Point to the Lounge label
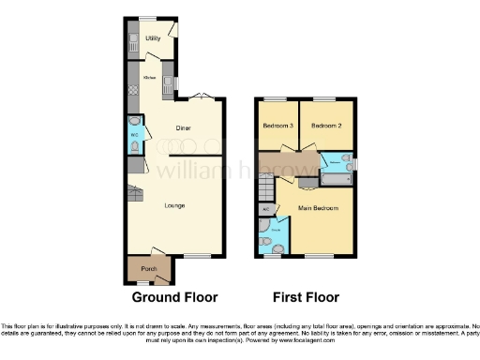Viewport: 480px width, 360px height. point(175,205)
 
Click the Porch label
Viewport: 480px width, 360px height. point(148,269)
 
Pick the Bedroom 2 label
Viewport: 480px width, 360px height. point(325,126)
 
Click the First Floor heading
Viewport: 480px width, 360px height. point(305,297)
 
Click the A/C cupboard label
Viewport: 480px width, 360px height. point(265,209)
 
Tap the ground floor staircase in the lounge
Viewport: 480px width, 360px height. point(135,195)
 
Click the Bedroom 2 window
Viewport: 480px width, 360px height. point(325,98)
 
